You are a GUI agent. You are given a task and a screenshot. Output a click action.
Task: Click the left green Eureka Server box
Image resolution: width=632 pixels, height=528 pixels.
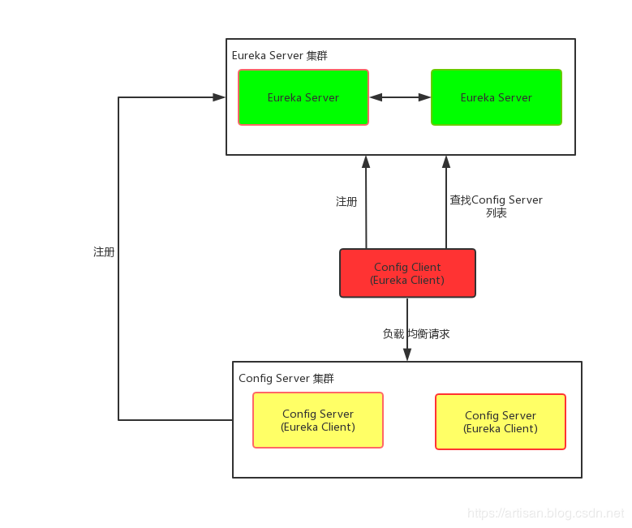[303, 97]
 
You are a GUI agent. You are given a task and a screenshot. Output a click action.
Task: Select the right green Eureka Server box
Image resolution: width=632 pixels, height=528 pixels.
[497, 97]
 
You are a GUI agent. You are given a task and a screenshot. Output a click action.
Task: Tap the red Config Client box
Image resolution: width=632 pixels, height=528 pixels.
[407, 273]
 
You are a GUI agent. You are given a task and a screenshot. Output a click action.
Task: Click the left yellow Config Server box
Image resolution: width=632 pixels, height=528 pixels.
[318, 420]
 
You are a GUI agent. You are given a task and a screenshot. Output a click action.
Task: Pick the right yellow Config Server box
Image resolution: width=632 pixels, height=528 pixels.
[501, 422]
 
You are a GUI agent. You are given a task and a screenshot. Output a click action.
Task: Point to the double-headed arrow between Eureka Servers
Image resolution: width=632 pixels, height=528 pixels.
[400, 97]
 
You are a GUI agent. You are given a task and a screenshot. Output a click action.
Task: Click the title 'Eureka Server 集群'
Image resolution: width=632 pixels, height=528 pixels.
[280, 56]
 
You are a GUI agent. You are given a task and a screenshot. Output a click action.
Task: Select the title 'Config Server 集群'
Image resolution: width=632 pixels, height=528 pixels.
[286, 379]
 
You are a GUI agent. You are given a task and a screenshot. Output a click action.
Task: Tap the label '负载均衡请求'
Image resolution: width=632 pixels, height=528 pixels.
[416, 333]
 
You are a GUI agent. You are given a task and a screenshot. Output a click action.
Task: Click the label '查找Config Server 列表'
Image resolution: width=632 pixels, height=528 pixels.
[497, 206]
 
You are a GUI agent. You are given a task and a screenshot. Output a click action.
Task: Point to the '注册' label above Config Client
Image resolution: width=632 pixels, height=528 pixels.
[346, 201]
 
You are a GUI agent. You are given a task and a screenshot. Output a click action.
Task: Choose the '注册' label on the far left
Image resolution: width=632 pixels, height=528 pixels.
[104, 252]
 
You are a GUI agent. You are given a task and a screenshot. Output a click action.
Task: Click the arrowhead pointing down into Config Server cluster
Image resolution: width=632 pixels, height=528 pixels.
[407, 355]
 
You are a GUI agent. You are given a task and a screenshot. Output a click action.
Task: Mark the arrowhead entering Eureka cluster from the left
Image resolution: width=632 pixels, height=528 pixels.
[219, 97]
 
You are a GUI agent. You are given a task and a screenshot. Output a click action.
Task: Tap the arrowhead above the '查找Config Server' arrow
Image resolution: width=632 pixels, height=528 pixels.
[446, 161]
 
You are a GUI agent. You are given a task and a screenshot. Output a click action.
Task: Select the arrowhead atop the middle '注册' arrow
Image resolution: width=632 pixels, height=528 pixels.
[366, 161]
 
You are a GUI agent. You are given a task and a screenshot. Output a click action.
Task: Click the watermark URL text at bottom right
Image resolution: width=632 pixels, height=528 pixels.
[546, 513]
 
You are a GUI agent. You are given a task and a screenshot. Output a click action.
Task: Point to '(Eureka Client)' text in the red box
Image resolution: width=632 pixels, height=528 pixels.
[407, 281]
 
